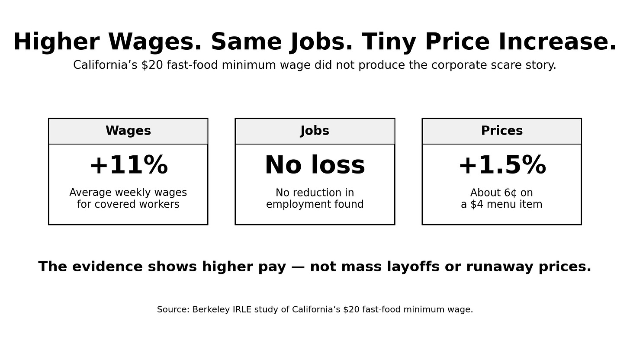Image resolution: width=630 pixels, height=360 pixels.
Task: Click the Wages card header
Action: point(128,131)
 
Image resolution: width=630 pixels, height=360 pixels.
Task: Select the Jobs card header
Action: point(315,131)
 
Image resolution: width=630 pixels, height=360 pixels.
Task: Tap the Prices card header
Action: point(502,131)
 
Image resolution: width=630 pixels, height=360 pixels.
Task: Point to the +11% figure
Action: point(129,165)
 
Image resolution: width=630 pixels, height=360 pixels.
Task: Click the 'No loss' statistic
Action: point(315,165)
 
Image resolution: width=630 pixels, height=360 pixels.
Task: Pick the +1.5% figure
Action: point(502,165)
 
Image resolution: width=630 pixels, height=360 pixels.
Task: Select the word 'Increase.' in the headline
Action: point(557,42)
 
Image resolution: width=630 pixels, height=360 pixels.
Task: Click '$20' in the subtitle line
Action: point(152,65)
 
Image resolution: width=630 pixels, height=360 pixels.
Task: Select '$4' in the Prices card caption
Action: point(477,204)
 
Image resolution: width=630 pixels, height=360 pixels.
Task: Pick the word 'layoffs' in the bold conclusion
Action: point(413,267)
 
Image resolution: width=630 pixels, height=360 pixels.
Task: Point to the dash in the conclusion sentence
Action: point(298,267)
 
